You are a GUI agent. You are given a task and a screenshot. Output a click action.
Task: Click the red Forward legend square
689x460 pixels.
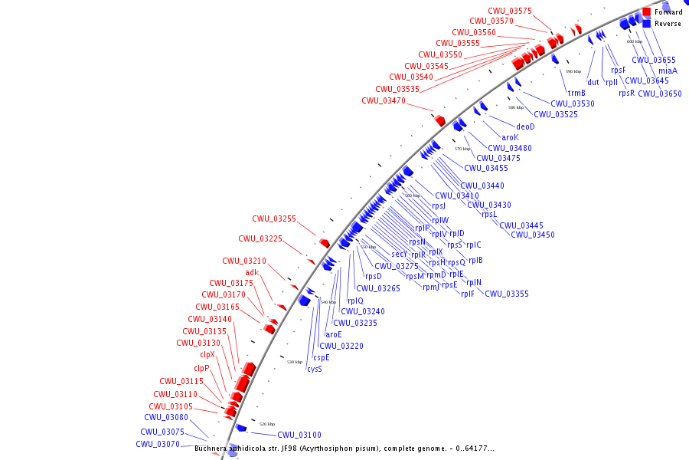[647, 12]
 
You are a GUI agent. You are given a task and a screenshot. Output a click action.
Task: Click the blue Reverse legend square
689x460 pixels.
[647, 24]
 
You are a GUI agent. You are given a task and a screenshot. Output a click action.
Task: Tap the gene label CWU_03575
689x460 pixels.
[509, 11]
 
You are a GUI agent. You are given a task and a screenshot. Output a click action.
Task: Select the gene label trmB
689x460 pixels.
[576, 93]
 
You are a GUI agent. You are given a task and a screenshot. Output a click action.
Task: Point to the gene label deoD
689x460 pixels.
[525, 127]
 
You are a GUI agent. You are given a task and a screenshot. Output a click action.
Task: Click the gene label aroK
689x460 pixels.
[510, 137]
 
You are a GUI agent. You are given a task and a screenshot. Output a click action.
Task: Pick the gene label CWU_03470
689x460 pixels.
[384, 100]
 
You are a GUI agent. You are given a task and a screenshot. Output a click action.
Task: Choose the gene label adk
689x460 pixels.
[252, 272]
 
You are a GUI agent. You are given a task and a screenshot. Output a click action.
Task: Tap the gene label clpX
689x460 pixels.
[207, 354]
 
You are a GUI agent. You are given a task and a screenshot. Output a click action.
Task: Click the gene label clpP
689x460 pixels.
[201, 368]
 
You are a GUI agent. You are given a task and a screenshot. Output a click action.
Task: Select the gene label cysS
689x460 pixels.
[315, 369]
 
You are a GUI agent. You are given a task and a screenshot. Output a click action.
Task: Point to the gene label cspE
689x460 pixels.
[322, 357]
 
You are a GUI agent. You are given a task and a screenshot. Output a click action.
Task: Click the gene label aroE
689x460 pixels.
[334, 334]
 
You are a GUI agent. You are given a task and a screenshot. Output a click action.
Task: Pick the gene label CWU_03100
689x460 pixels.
[299, 435]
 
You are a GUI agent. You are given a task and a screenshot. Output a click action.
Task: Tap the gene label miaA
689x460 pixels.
[668, 71]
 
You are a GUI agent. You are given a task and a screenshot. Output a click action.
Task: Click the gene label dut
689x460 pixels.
[593, 82]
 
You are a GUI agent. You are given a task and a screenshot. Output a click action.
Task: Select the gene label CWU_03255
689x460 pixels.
[274, 219]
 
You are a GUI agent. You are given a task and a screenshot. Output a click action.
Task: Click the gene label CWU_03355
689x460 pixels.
[506, 294]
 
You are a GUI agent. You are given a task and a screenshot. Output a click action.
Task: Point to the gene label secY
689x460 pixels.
[400, 254]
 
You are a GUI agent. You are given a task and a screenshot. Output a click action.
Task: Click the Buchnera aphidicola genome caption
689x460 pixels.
[344, 449]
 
